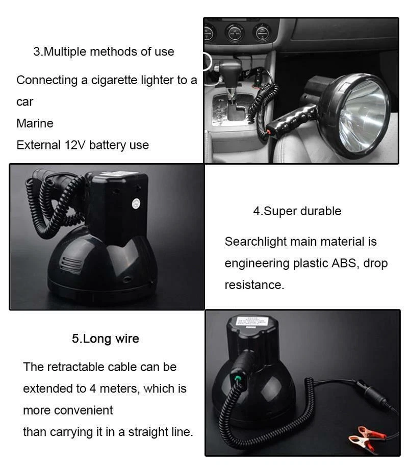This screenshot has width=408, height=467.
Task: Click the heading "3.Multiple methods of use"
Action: [x=104, y=51]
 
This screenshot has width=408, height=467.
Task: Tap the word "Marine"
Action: [x=35, y=123]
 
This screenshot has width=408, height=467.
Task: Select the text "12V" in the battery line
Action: [x=75, y=145]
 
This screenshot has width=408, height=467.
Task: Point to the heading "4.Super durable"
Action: [x=297, y=211]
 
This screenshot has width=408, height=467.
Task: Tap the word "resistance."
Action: [x=254, y=285]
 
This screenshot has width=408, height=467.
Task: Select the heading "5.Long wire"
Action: [x=106, y=339]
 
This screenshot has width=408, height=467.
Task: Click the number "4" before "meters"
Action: [x=93, y=388]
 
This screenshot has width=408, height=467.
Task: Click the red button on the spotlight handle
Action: [x=269, y=132]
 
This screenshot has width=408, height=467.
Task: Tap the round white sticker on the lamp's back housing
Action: [x=136, y=204]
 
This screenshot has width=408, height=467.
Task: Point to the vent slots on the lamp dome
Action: [x=71, y=265]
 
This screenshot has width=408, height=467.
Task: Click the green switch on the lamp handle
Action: [x=238, y=379]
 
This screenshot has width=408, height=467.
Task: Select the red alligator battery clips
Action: [x=365, y=438]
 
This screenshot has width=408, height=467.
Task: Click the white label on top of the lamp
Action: [x=252, y=322]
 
